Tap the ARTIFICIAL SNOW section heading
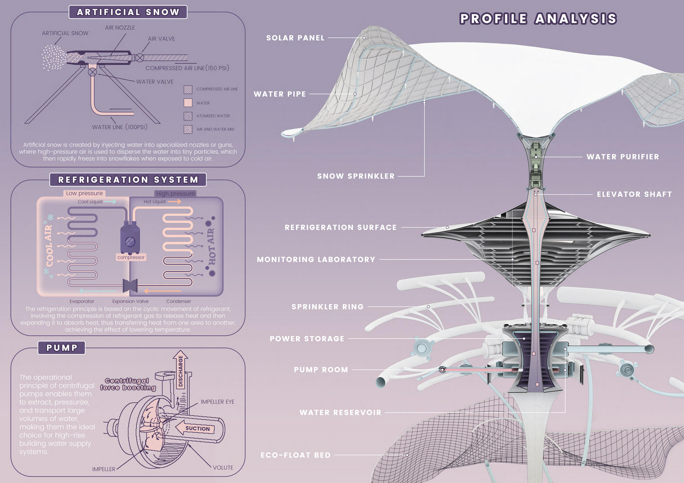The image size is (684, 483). (x=128, y=12)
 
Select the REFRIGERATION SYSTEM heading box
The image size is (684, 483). (x=128, y=180)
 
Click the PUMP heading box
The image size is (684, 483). (x=62, y=348)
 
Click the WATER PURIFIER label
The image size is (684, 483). (x=623, y=157)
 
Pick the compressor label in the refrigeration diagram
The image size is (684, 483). (x=131, y=257)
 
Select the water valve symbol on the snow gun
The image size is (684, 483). (x=92, y=72)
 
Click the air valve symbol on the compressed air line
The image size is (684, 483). (x=139, y=58)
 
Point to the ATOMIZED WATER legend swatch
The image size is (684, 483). (x=188, y=116)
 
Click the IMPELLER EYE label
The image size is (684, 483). (x=217, y=402)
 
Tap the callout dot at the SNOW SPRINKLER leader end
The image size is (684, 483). (x=424, y=103)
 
